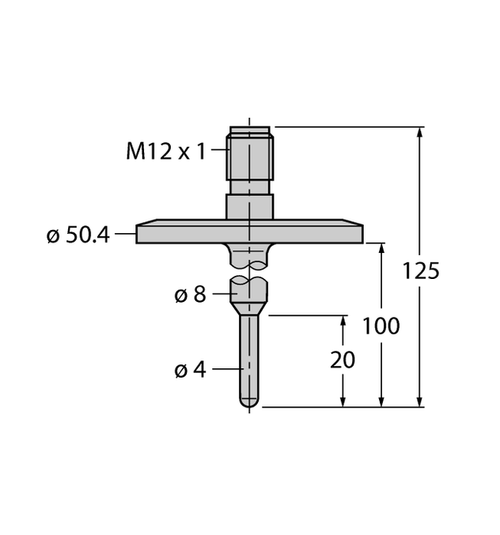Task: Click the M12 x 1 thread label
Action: [165, 151]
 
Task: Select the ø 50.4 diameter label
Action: [78, 235]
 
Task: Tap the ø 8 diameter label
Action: [190, 295]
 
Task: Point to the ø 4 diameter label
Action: [190, 369]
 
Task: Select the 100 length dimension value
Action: [381, 326]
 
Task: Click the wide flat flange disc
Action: [249, 234]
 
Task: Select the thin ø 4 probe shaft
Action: [249, 356]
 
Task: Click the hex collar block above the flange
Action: [249, 208]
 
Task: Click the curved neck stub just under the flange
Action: [249, 254]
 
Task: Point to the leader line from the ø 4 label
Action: [225, 369]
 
